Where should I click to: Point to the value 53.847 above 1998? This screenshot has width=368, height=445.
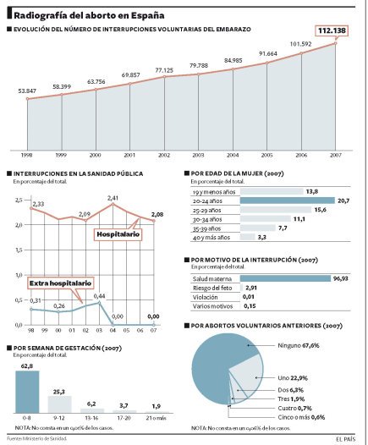pyautogui.click(x=28, y=90)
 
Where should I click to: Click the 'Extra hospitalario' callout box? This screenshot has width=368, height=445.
pyautogui.click(x=59, y=283)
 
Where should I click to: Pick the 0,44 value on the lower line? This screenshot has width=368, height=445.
pyautogui.click(x=99, y=296)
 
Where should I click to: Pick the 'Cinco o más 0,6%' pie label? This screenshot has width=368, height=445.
pyautogui.click(x=300, y=417)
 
